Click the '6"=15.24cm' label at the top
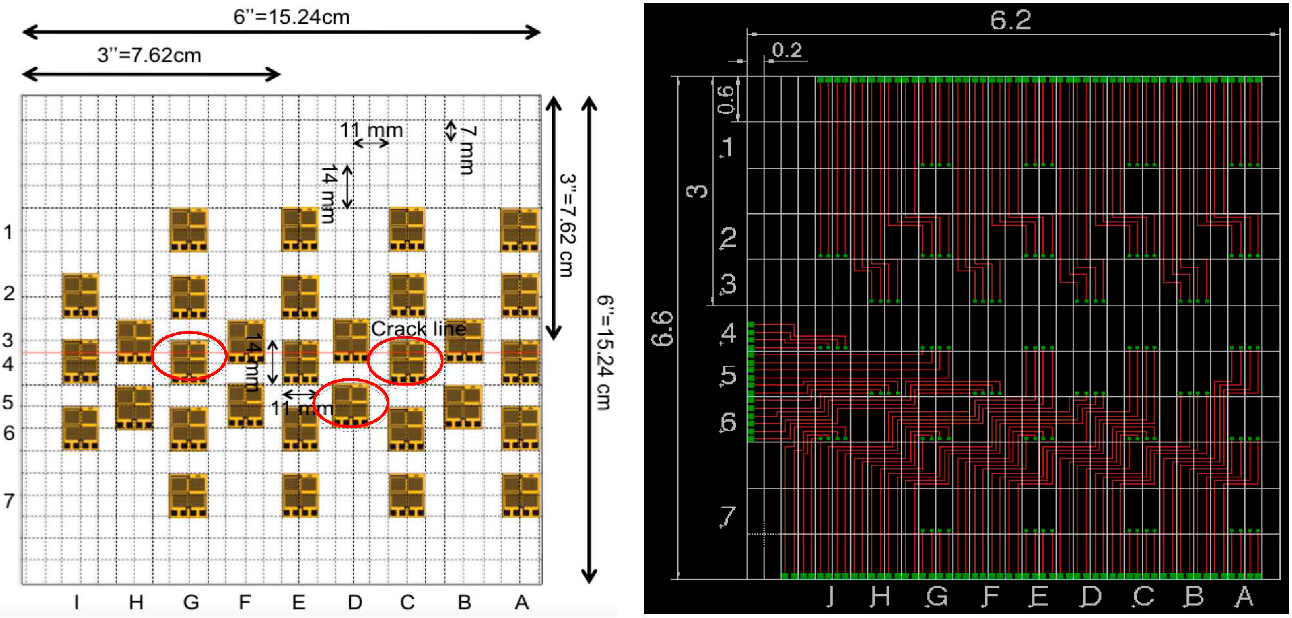(291, 17)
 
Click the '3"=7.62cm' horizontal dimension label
(149, 55)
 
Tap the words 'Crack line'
(418, 329)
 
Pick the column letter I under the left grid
(76, 601)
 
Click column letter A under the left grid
(522, 601)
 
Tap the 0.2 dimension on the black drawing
(787, 50)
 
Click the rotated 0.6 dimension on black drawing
(726, 99)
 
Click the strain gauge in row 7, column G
(188, 495)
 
